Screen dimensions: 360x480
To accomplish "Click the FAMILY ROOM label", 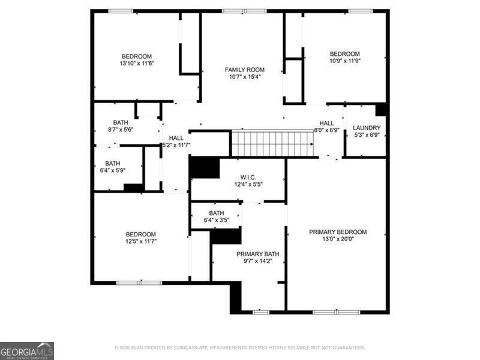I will tap(244, 70).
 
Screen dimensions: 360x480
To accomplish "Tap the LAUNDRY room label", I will tap(367, 128).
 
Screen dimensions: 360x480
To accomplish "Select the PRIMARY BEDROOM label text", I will tap(338, 232).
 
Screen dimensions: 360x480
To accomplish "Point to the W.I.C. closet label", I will tap(248, 177).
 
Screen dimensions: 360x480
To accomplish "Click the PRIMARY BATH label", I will tap(257, 254).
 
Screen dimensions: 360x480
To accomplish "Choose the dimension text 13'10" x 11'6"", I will tap(137, 64).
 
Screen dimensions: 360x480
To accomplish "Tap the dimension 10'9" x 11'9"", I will tap(344, 61).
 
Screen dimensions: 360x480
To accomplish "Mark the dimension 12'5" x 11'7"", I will tap(140, 241).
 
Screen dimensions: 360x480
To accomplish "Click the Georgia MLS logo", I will tap(27, 350).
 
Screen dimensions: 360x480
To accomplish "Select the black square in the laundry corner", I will tap(380, 110).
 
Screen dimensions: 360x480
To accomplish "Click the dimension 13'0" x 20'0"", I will tap(338, 239).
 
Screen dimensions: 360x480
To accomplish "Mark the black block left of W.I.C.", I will tap(204, 167).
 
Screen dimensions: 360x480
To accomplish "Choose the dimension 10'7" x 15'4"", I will tap(244, 77).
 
